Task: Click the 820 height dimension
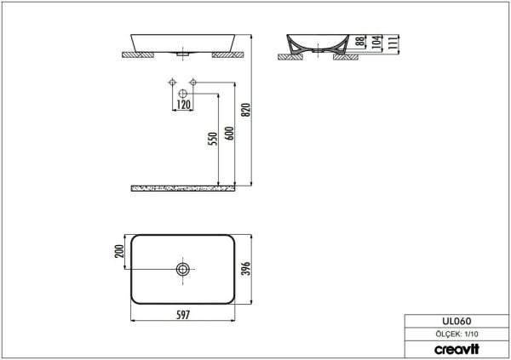point(247,110)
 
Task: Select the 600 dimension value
point(229,133)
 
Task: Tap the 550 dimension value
point(212,139)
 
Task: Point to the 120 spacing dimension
point(183,105)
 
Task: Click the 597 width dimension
point(183,315)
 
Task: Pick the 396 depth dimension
point(246,268)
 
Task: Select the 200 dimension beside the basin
point(119,251)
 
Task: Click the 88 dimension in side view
point(360,41)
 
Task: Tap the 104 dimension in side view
point(376,42)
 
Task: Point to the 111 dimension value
point(393,43)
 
